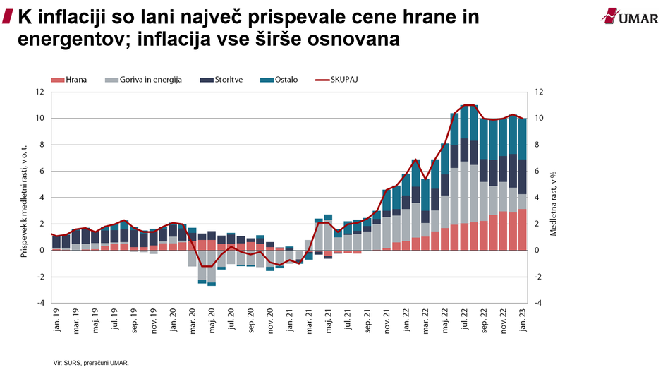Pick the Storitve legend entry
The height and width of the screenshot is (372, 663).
[x=221, y=80]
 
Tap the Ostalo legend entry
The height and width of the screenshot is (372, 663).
[x=279, y=80]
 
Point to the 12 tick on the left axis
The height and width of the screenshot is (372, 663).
[x=39, y=92]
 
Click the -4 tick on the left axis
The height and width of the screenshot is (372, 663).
[x=39, y=303]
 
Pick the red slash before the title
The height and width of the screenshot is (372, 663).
[x=8, y=16]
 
